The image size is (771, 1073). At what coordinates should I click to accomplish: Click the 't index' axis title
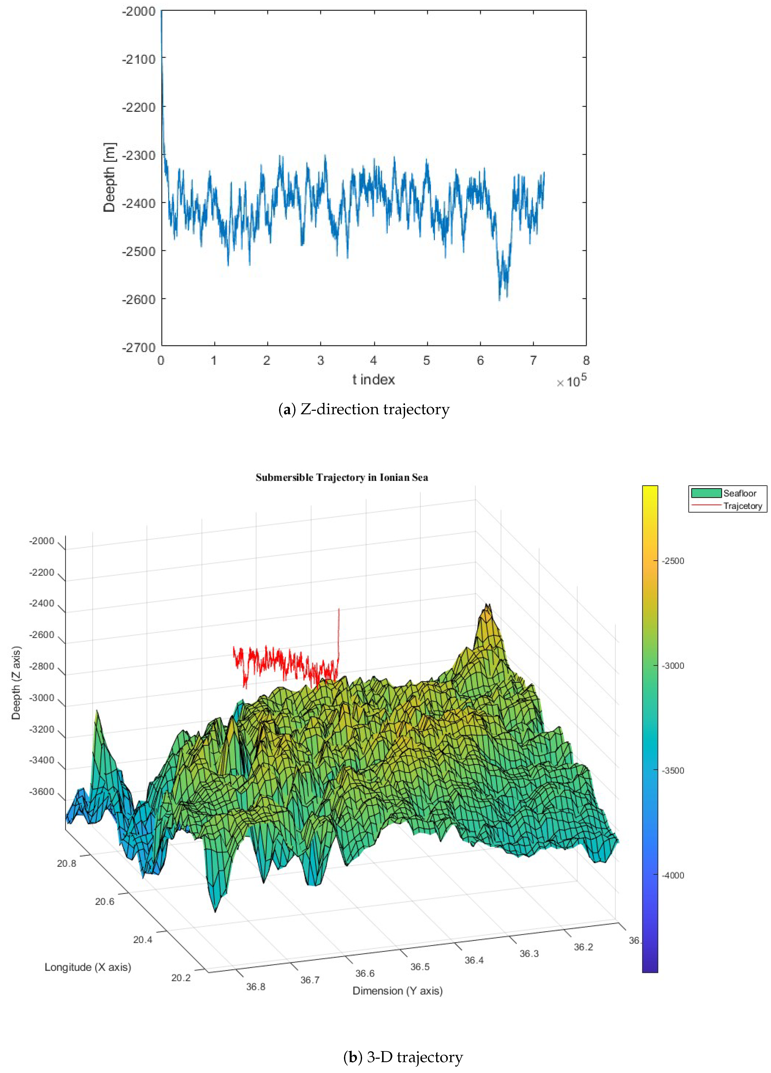(x=373, y=380)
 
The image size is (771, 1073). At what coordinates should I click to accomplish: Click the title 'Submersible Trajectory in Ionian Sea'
(x=341, y=477)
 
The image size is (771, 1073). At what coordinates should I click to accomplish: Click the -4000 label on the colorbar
(x=673, y=875)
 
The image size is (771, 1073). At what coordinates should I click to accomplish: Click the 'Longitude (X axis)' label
(x=87, y=967)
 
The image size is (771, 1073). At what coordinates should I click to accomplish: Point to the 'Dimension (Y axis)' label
(x=397, y=991)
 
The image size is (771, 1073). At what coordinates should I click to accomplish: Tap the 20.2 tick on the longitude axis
(x=181, y=977)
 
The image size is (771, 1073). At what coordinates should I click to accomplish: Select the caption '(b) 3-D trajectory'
(x=403, y=1057)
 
